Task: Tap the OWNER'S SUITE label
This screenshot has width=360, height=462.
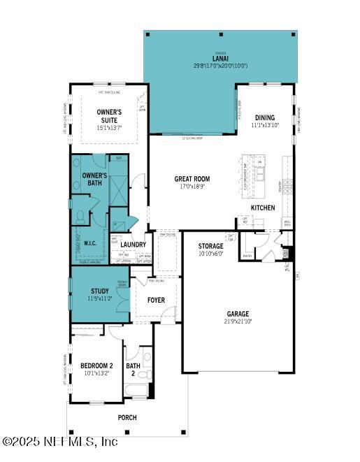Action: click(109, 116)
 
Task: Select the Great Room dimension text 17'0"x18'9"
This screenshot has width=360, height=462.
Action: click(192, 187)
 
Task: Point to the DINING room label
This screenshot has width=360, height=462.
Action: click(264, 117)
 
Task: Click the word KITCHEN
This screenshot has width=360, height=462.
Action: click(263, 208)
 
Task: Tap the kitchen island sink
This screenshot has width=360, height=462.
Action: click(259, 175)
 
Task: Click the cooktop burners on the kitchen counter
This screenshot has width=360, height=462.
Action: click(287, 185)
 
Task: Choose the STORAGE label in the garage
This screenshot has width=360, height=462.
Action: click(210, 246)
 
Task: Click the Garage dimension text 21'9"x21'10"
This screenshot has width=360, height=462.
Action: click(236, 321)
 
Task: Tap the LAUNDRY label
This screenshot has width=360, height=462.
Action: click(133, 245)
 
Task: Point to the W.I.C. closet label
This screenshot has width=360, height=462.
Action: click(90, 244)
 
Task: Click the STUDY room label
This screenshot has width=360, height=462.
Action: click(100, 291)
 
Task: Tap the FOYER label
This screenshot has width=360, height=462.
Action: click(156, 300)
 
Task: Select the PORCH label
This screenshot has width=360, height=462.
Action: click(127, 417)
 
